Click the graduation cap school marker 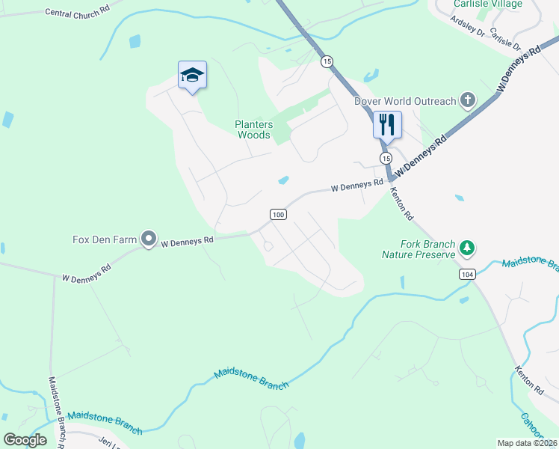pyautogui.click(x=192, y=76)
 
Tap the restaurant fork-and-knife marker pyautogui.click(x=387, y=124)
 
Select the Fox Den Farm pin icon pyautogui.click(x=149, y=239)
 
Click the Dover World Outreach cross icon pyautogui.click(x=468, y=100)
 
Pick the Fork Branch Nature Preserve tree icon pyautogui.click(x=468, y=247)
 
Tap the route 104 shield pyautogui.click(x=468, y=275)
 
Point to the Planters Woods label pyautogui.click(x=253, y=130)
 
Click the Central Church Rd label pyautogui.click(x=77, y=13)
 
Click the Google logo pyautogui.click(x=25, y=440)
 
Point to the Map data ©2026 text pyautogui.click(x=528, y=443)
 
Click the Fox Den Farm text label pyautogui.click(x=105, y=239)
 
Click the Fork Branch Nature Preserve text pyautogui.click(x=419, y=249)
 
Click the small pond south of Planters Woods pyautogui.click(x=284, y=180)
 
